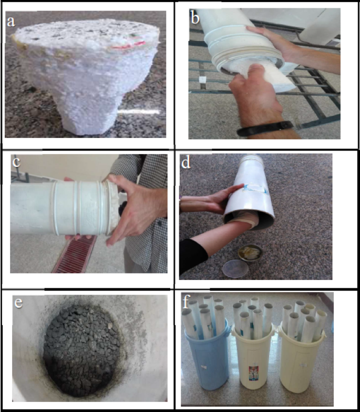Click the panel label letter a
click(x=12, y=22)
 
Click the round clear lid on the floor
click(x=236, y=269)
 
